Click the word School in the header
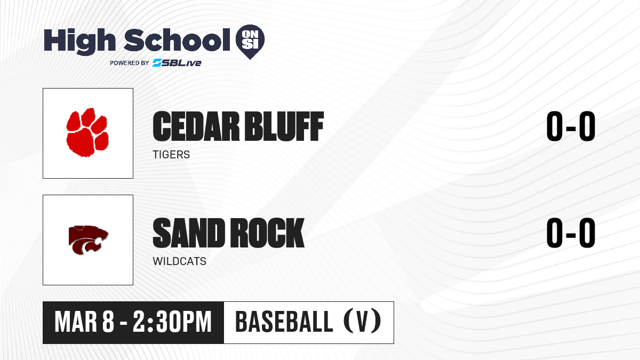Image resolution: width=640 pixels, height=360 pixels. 177,39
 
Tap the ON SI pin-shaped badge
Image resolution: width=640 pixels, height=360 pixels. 250,41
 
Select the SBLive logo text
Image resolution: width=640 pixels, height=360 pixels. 177,62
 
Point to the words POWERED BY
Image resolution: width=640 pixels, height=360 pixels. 130,63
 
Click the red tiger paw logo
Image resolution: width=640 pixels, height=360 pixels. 87,132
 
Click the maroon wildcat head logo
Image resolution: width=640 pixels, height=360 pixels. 89,240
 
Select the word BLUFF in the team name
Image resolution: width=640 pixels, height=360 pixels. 284,126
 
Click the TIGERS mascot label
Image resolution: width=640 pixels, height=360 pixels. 171,155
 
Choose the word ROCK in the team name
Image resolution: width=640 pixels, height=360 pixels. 267,233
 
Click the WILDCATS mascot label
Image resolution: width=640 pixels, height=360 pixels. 179,261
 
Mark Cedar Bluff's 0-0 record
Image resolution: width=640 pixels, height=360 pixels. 571,126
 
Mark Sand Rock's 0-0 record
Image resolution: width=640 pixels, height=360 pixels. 571,233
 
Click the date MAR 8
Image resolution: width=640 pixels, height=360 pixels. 85,322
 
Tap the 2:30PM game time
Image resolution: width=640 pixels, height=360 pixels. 172,322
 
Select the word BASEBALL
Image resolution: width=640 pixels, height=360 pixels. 284,322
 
